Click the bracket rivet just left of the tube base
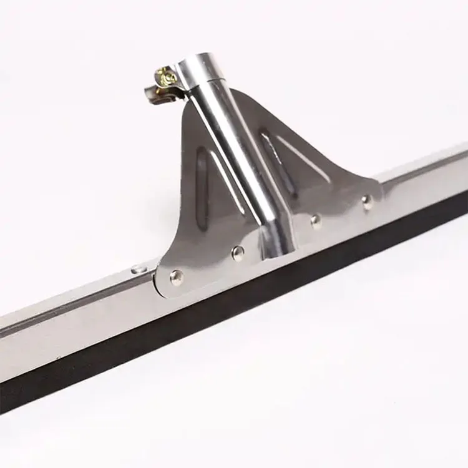coord(237,251)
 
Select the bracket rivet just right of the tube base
coord(316,220)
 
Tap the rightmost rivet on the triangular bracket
coord(368,201)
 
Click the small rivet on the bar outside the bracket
coord(139,269)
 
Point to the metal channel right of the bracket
coord(424,181)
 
